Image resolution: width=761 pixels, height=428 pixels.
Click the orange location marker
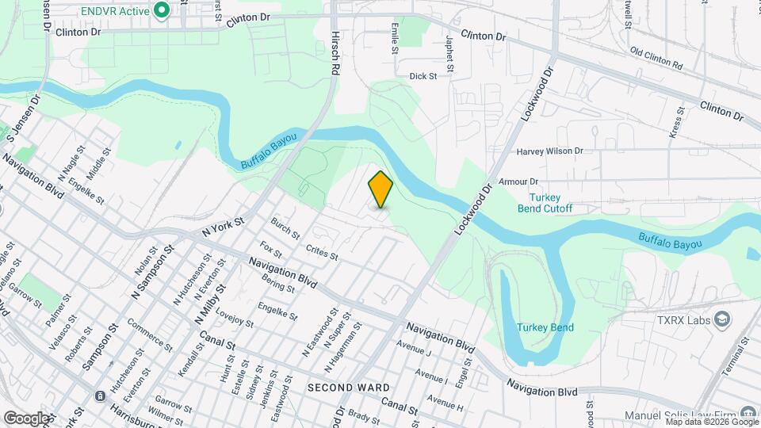click(380, 189)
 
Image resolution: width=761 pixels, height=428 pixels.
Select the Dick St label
click(423, 76)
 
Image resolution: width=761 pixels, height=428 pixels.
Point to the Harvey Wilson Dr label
click(549, 151)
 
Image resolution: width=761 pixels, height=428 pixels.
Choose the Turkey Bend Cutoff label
click(550, 203)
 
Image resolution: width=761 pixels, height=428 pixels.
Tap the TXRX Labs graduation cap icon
click(722, 319)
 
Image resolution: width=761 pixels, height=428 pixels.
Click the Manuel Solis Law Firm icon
click(748, 413)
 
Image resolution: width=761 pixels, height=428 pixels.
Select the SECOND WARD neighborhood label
click(348, 388)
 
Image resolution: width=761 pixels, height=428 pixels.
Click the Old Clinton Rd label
click(656, 59)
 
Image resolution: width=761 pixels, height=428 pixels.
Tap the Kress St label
click(675, 123)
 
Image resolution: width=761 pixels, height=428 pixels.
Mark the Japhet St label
click(449, 52)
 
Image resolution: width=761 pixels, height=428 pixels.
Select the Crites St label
click(322, 251)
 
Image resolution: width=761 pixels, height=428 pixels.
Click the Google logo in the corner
click(27, 418)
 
